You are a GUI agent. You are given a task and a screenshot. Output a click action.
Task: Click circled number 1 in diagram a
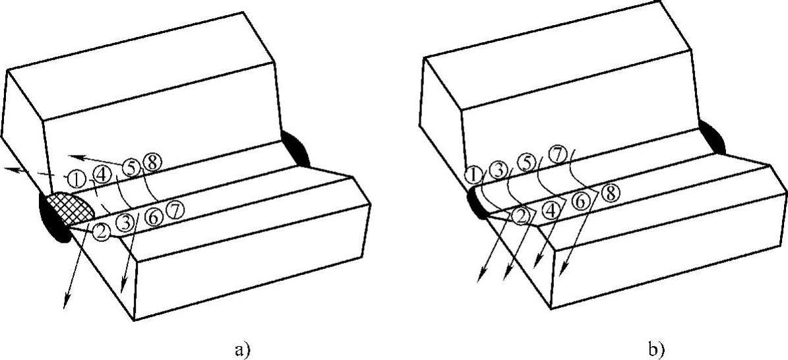(76, 178)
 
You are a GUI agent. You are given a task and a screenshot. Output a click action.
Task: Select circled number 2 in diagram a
(102, 231)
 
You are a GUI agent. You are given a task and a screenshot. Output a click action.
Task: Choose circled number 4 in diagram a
(102, 176)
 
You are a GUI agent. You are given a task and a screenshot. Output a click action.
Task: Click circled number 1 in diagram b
(473, 175)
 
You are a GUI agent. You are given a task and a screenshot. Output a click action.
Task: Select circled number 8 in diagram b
(610, 193)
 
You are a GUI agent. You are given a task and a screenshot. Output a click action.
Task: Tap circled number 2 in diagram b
(520, 214)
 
